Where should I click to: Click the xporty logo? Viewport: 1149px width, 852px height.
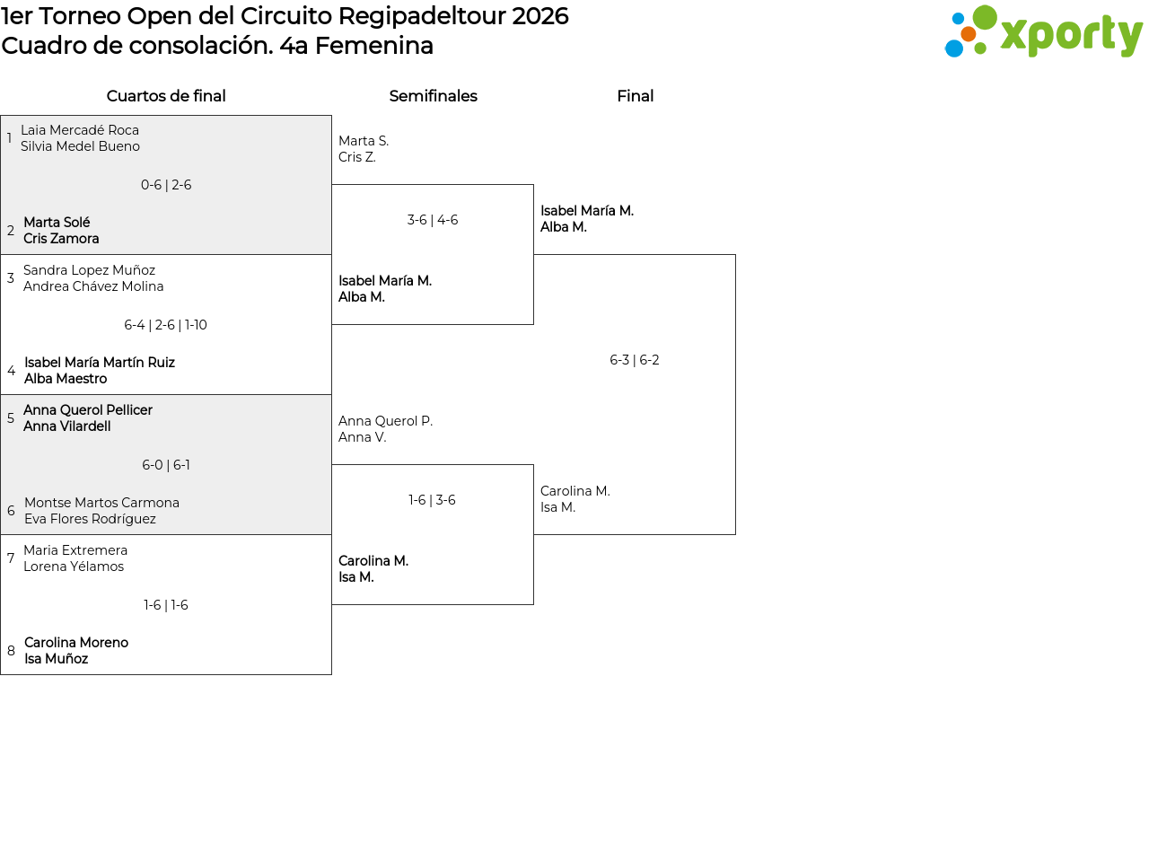tap(1042, 31)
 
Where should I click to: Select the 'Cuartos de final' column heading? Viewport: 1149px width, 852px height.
tap(166, 96)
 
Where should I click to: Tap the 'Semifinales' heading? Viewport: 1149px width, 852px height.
tap(433, 96)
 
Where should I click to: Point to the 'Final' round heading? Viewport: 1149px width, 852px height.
tap(636, 96)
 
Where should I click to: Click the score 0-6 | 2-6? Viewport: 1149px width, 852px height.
tap(166, 185)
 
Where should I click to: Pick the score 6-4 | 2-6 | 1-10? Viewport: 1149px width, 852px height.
tap(165, 325)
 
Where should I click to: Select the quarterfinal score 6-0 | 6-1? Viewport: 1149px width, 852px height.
tap(166, 465)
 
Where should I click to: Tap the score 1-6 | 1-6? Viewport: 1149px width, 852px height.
tap(166, 605)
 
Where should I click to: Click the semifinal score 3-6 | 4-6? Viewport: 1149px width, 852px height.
tap(433, 220)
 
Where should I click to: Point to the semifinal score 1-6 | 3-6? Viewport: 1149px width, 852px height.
tap(432, 499)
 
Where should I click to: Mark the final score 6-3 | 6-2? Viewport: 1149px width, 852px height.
tap(635, 360)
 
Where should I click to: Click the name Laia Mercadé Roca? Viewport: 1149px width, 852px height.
tap(80, 130)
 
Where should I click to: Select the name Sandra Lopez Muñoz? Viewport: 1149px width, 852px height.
tap(89, 270)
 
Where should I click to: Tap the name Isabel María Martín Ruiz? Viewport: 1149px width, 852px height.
tap(100, 362)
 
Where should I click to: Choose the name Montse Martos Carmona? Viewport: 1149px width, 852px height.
tap(102, 502)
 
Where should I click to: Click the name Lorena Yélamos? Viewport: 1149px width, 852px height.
tap(74, 567)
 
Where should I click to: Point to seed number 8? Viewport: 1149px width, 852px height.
tap(11, 650)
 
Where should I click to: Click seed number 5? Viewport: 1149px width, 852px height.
tap(11, 417)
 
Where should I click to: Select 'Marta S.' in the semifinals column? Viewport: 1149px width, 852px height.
tap(364, 141)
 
